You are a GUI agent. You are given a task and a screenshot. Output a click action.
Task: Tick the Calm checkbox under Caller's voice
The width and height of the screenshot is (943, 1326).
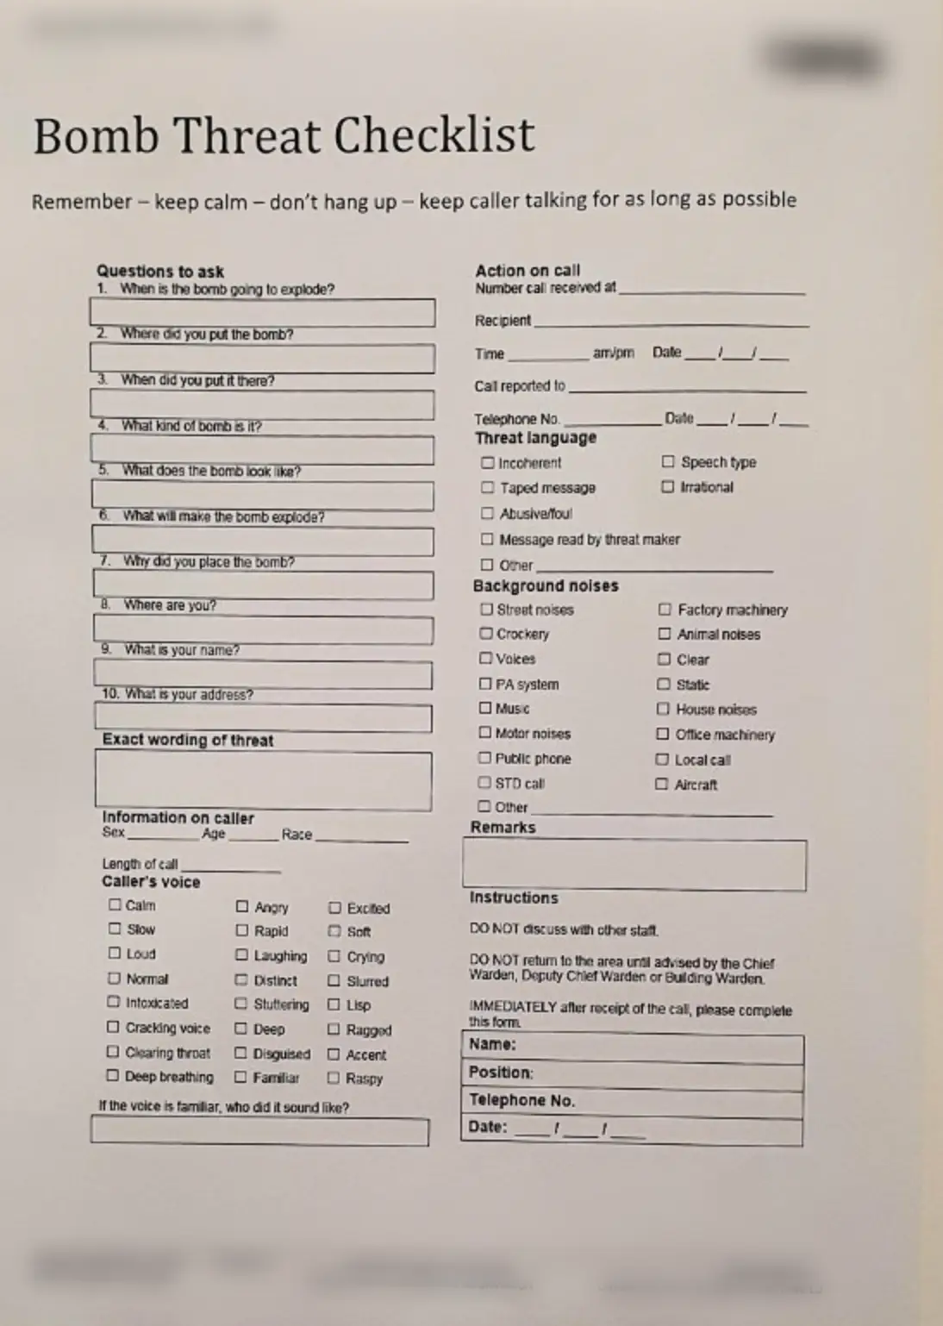click(x=115, y=904)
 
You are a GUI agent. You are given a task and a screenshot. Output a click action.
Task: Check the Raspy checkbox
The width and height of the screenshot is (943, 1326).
click(x=334, y=1078)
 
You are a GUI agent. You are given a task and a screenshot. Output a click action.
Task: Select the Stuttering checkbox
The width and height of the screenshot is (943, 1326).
click(x=241, y=1004)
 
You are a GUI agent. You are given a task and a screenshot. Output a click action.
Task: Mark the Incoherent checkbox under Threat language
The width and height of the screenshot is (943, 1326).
click(x=488, y=463)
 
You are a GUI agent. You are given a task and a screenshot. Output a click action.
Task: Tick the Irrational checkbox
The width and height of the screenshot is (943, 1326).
click(x=667, y=486)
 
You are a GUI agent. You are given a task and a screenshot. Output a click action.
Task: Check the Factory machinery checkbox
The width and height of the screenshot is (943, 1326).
click(x=665, y=610)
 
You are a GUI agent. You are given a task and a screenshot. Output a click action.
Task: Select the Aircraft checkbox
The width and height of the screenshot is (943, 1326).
click(x=661, y=784)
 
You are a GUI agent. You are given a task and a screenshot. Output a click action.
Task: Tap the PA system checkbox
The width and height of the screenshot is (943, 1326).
click(x=485, y=684)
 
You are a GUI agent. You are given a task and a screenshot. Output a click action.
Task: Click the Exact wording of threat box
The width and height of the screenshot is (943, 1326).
click(x=263, y=781)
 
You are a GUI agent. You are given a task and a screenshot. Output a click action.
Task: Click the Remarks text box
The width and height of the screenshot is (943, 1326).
click(x=634, y=865)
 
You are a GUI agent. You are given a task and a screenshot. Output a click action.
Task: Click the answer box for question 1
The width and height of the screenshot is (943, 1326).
click(x=262, y=312)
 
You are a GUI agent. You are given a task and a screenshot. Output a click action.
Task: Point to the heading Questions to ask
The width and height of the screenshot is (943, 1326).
click(x=160, y=272)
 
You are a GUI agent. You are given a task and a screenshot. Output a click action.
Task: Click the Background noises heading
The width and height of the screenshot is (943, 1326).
click(x=546, y=586)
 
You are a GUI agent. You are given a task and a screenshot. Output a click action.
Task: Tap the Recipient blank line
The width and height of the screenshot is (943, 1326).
click(x=671, y=322)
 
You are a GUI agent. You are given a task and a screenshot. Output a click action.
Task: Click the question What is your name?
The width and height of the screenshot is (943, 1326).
click(x=181, y=650)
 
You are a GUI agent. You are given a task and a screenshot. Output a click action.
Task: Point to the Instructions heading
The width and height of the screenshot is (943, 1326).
click(x=514, y=898)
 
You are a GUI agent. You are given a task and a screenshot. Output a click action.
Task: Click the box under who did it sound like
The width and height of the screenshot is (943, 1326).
click(x=259, y=1131)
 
